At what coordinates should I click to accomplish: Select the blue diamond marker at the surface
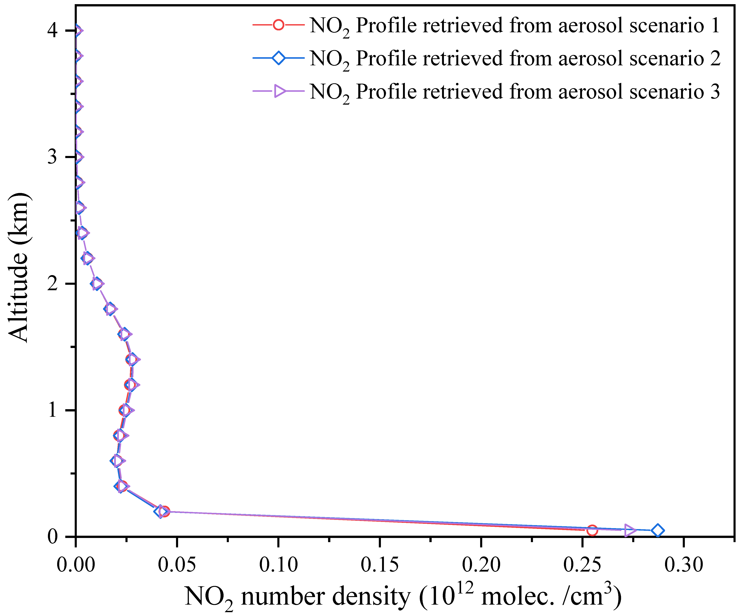(x=657, y=530)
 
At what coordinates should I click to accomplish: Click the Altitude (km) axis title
(x=18, y=268)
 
